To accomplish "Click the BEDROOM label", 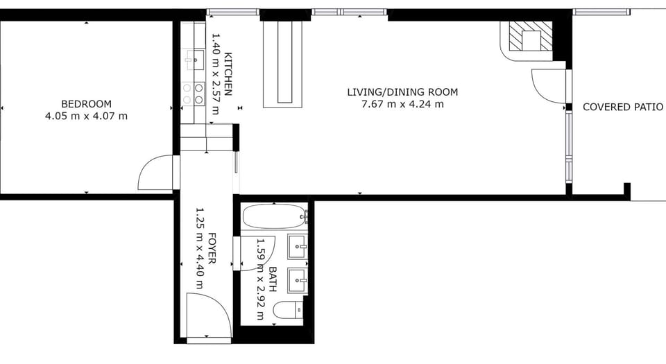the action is [86, 104].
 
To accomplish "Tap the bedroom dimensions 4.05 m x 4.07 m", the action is [86, 116].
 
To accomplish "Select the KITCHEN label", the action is [228, 73].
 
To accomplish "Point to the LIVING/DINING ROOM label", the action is [402, 92].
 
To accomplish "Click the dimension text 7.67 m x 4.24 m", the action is [402, 104].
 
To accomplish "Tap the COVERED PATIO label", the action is [623, 107].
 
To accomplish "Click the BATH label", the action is [273, 279].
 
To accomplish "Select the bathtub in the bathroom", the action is [275, 216].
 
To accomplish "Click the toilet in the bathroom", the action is [288, 310].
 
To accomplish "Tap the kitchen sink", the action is [194, 60].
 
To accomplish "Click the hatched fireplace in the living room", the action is [531, 41].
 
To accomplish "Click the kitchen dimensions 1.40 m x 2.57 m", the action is [215, 73].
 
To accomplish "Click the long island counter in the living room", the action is [283, 64].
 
